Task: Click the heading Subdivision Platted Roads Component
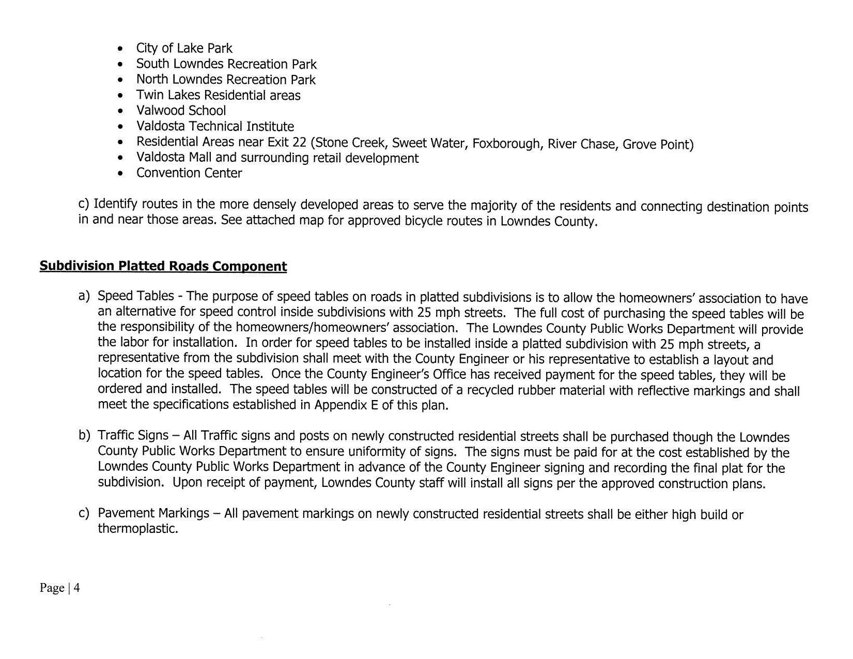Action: [x=163, y=266]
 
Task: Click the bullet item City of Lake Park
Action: [x=184, y=48]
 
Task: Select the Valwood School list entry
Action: [x=181, y=111]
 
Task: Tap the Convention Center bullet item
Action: [x=189, y=173]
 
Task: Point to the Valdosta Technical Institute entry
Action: [x=215, y=127]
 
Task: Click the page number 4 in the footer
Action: [x=76, y=588]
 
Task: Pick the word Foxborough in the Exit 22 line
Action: [x=506, y=143]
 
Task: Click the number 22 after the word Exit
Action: [x=300, y=142]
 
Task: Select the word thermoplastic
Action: [x=138, y=529]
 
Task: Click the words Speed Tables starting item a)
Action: [x=136, y=296]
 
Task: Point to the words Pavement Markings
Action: [x=153, y=513]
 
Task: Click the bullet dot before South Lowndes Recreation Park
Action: [x=120, y=65]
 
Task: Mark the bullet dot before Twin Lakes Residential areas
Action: [x=120, y=96]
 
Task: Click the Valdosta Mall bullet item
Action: [x=277, y=158]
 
